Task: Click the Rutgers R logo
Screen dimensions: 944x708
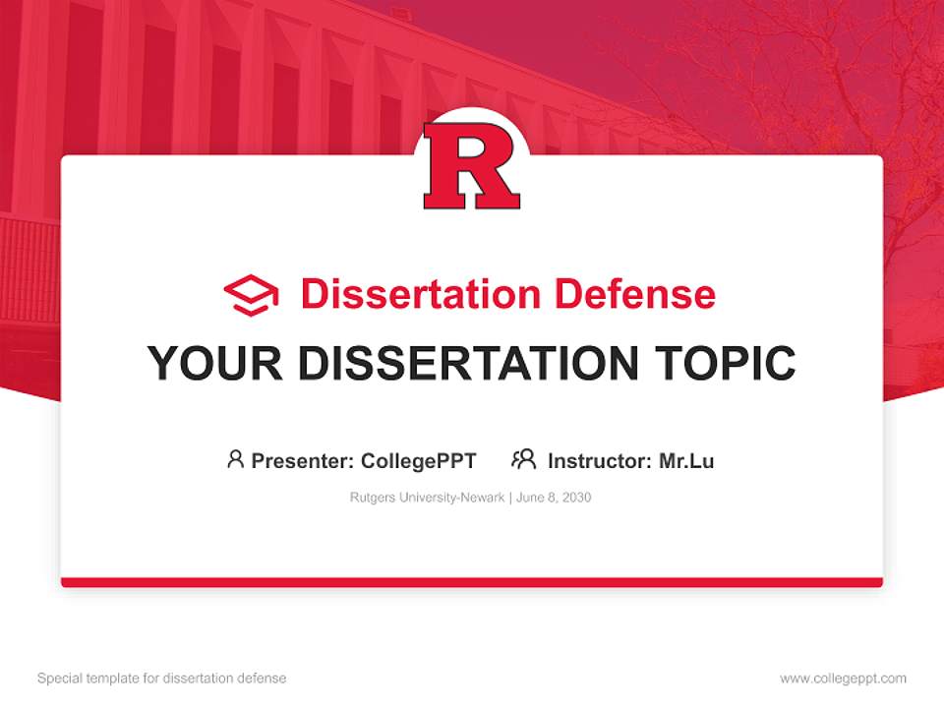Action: pos(471,165)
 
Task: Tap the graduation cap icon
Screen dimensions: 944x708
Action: pos(251,295)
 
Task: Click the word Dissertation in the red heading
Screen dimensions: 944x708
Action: pos(421,294)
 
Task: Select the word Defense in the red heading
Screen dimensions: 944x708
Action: pos(634,294)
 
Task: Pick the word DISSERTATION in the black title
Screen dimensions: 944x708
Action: pos(468,363)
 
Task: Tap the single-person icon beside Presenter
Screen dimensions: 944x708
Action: pos(235,459)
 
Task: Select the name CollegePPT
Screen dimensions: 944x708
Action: pos(419,462)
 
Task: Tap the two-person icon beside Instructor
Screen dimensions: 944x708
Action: pos(524,459)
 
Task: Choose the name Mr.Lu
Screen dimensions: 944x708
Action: pos(686,461)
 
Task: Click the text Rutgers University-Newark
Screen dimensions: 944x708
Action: pos(428,498)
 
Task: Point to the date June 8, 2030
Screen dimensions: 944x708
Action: pos(554,498)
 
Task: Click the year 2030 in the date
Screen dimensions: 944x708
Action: pos(577,498)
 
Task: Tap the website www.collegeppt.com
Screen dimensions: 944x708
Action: pos(843,678)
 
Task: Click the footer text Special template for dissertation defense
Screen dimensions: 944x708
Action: pos(162,678)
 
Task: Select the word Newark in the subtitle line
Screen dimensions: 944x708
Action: pos(483,498)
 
